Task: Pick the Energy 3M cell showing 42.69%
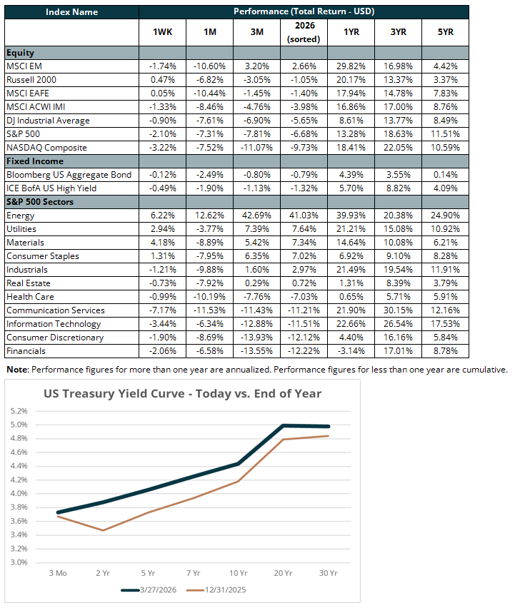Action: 255,216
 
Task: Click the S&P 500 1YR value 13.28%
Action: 351,134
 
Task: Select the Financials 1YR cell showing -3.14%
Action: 351,351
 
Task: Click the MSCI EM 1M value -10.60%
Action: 208,66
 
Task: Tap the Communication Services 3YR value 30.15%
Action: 398,310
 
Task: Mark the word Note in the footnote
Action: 19,370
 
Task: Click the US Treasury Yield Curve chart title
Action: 182,393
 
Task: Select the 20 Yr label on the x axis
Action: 284,572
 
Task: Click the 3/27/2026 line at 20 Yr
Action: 284,425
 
